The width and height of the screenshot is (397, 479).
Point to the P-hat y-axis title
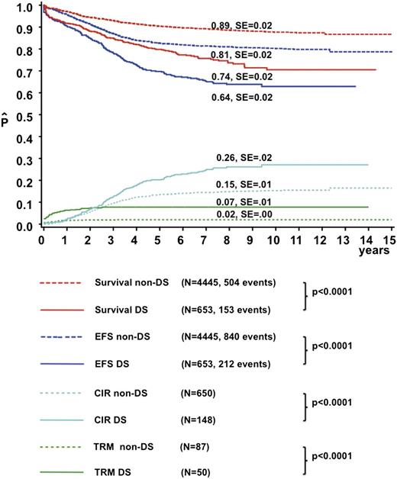(x=7, y=121)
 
